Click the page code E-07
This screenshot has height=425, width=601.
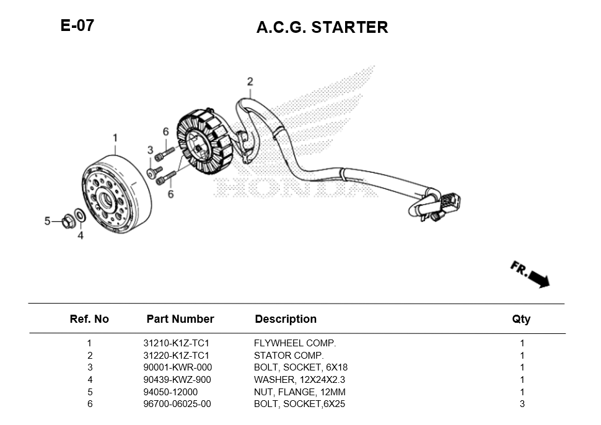tap(77, 26)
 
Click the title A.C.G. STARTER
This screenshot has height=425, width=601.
tap(322, 27)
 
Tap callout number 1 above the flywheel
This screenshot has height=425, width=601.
tap(115, 137)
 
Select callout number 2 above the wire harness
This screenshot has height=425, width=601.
tap(250, 81)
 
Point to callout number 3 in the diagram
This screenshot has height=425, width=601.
tap(150, 150)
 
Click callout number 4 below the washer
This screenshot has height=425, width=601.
tap(80, 235)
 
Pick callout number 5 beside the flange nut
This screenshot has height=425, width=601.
tap(47, 221)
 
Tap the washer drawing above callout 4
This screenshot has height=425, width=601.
tap(79, 216)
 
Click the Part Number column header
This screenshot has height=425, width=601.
tap(180, 319)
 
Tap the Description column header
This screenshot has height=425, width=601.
tap(286, 319)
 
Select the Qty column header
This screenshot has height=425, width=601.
tap(521, 319)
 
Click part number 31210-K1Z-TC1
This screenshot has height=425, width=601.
tap(177, 343)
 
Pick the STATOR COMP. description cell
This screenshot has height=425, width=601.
tap(289, 356)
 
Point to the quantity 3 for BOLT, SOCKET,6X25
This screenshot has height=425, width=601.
tap(522, 404)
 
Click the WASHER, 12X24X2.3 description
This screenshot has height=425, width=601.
tap(299, 380)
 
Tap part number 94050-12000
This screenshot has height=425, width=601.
tap(170, 392)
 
